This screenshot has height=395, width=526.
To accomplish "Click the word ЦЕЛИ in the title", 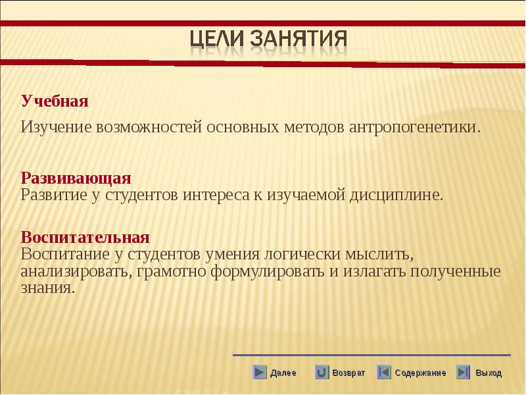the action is pos(217,38).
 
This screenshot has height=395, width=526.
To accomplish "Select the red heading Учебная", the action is pos(55,101).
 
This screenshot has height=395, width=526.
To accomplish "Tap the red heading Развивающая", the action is pos(76,178).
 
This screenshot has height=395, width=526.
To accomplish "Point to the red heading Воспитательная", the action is pos(85,237).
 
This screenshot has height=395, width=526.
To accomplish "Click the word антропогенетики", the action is pos(415,127).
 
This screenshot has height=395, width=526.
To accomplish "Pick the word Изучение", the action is pos(56,127).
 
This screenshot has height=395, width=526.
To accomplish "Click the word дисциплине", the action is pos(396,195).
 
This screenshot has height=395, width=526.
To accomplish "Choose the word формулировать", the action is pos(268,271).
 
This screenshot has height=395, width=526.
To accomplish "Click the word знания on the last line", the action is pos(47,288).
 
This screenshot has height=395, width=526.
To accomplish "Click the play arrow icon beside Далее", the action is pos(260,372).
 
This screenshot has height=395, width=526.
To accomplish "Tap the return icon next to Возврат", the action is pos(322,372).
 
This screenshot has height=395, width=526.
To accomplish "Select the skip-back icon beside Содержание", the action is pos(384,372).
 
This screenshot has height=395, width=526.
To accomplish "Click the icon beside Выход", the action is pos(464,372).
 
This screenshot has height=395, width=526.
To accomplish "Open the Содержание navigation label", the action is pos(420,373).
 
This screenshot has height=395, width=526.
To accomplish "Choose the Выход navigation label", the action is pos(489,373).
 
